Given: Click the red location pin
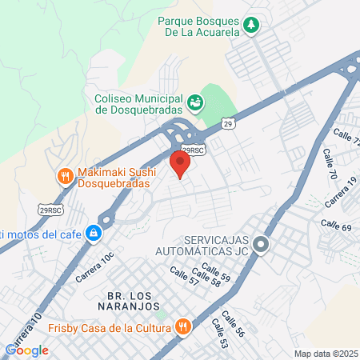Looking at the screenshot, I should point(180,163).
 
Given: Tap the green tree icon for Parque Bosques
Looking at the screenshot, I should point(252,25).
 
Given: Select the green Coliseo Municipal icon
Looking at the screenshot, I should point(194,102).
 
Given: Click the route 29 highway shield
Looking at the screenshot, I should point(229,124).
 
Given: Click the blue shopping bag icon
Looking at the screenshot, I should point(94,234).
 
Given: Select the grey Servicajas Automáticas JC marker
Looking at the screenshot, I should point(261,245).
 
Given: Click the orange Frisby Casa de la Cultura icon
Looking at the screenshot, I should point(183,326).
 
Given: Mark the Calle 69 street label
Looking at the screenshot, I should point(336,227).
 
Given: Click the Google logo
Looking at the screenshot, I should point(26,350).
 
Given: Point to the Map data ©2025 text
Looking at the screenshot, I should point(325,354).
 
